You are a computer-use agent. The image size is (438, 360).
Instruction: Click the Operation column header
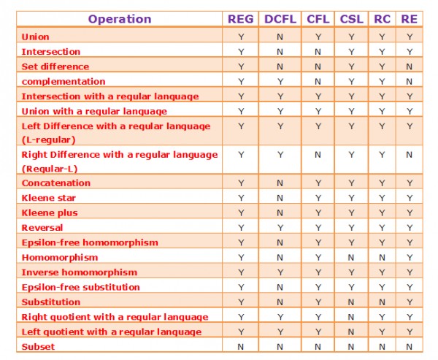(120, 19)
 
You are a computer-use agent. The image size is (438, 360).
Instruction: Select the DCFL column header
(280, 19)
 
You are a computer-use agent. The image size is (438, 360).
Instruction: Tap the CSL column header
(353, 19)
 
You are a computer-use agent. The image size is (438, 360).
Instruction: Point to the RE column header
(409, 19)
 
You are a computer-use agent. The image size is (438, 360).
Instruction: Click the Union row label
(36, 37)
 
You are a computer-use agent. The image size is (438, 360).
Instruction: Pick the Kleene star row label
(49, 198)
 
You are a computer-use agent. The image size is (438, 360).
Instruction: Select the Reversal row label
(42, 227)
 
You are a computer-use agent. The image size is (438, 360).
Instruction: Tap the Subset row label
(38, 346)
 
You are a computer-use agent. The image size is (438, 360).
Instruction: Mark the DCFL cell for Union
(280, 37)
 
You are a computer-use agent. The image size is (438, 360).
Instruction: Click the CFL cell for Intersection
(318, 52)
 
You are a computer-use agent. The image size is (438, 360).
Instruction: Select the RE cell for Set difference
(409, 66)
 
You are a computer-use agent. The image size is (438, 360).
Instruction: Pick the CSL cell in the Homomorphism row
(353, 257)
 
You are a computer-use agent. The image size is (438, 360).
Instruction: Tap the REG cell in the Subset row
(241, 346)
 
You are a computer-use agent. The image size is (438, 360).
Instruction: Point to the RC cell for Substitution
(382, 302)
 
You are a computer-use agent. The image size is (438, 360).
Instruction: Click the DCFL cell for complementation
(280, 81)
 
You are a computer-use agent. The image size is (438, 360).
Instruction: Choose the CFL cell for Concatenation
(318, 183)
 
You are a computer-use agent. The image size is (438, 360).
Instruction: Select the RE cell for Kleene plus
(409, 212)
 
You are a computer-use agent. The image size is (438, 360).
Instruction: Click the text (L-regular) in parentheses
(49, 139)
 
